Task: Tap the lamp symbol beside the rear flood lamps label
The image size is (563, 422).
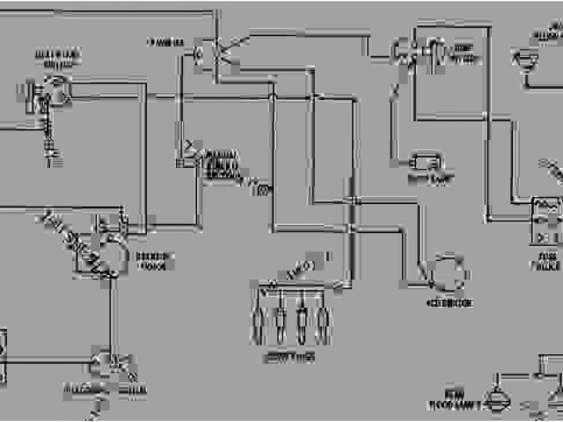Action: point(494,396)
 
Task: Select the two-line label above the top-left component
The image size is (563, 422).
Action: point(57,58)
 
